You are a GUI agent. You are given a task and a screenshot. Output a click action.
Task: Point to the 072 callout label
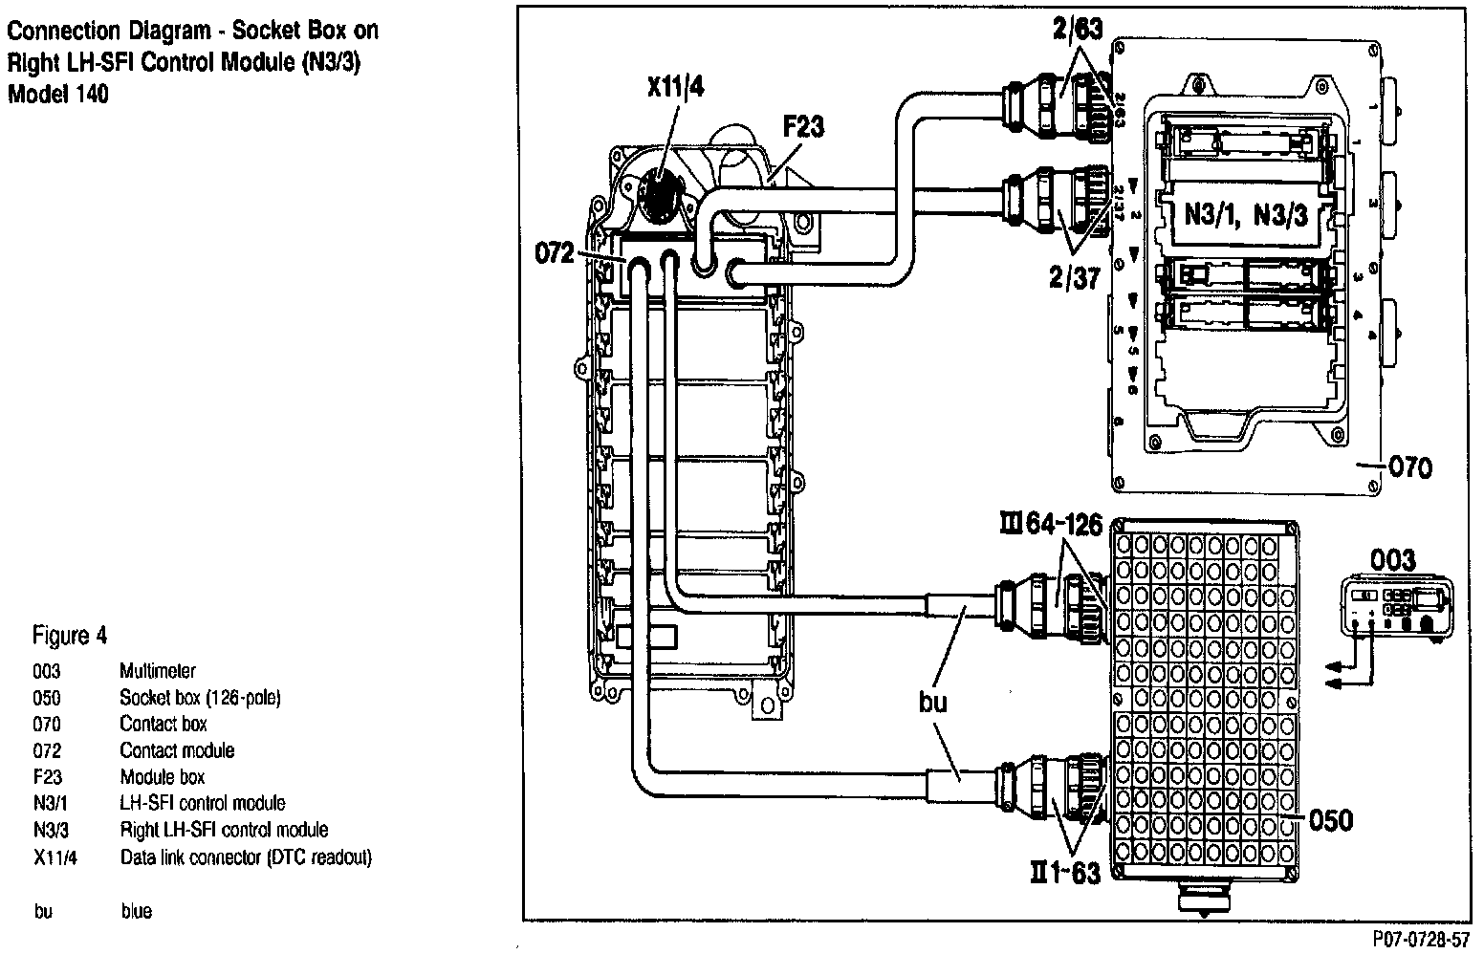(555, 253)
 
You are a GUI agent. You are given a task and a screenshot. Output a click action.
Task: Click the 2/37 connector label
(1074, 277)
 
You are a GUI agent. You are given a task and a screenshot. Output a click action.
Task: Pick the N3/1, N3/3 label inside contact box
(1245, 213)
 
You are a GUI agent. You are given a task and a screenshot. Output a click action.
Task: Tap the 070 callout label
(1409, 467)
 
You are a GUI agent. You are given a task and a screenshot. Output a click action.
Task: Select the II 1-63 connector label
(1064, 872)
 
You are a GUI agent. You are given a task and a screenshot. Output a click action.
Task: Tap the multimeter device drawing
(1396, 608)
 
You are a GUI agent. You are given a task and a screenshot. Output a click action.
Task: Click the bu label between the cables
(932, 703)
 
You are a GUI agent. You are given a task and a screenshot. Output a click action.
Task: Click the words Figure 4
(70, 636)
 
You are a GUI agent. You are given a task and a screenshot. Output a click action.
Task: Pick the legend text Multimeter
(157, 671)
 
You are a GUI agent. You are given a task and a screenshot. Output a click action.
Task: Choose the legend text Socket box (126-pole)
(200, 698)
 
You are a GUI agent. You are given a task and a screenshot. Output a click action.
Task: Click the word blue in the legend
(137, 911)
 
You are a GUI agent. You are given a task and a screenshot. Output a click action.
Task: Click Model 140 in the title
(57, 94)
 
